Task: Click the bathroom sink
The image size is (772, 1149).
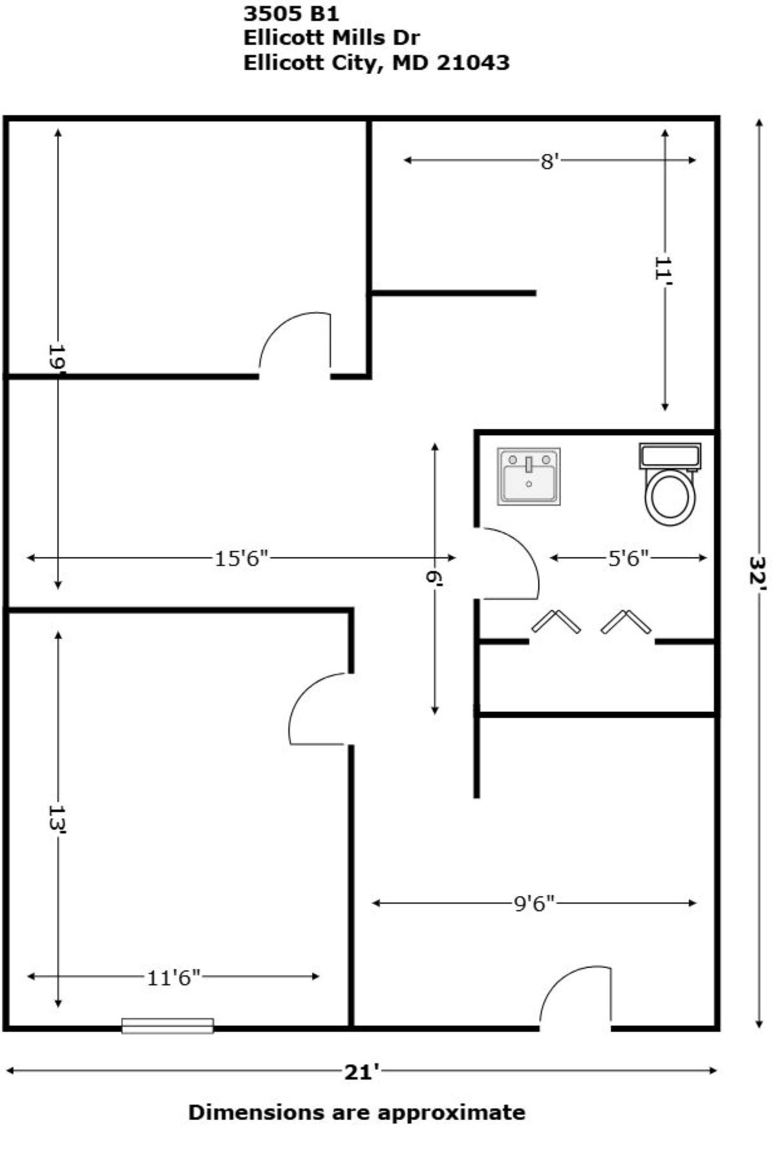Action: pyautogui.click(x=528, y=476)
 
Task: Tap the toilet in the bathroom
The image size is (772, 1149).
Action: pyautogui.click(x=670, y=483)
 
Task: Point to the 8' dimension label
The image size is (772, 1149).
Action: pyautogui.click(x=548, y=161)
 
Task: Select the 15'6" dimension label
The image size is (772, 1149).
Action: pyautogui.click(x=241, y=558)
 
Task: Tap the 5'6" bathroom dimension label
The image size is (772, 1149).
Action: pyautogui.click(x=628, y=558)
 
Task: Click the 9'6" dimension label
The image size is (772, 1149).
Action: pyautogui.click(x=534, y=904)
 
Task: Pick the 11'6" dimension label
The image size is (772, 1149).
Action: pyautogui.click(x=174, y=978)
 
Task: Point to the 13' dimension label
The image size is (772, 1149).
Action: pyautogui.click(x=57, y=819)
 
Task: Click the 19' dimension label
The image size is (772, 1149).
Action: pyautogui.click(x=57, y=357)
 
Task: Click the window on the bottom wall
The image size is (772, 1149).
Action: pyautogui.click(x=167, y=1025)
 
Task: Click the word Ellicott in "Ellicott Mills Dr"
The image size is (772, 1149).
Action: pyautogui.click(x=284, y=37)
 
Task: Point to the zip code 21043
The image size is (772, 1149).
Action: pyautogui.click(x=473, y=62)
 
